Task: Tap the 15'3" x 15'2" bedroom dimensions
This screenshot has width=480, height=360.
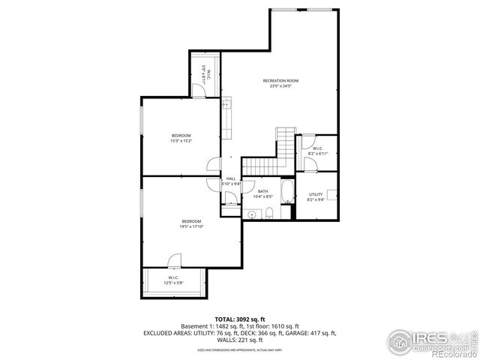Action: tap(181, 140)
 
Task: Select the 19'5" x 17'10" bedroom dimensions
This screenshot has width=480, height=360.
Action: tap(190, 226)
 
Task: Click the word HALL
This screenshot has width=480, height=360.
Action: tap(230, 178)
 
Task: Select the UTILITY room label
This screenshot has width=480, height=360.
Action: tap(316, 193)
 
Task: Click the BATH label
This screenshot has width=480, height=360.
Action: tap(263, 191)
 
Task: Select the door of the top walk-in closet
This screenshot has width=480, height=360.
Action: tap(196, 90)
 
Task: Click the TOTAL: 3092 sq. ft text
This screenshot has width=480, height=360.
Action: tap(239, 319)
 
